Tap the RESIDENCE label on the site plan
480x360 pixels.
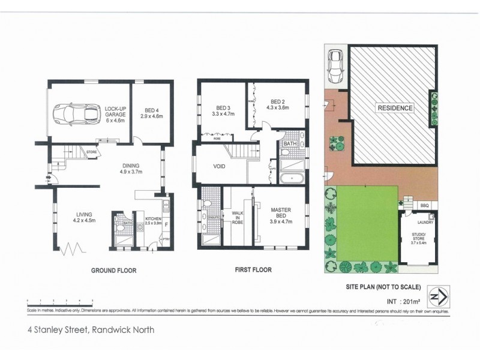point(395,108)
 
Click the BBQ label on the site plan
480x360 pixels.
point(424,205)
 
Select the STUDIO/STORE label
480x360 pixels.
point(419,236)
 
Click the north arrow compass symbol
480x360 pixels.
point(441,296)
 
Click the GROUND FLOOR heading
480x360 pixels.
point(113,271)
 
